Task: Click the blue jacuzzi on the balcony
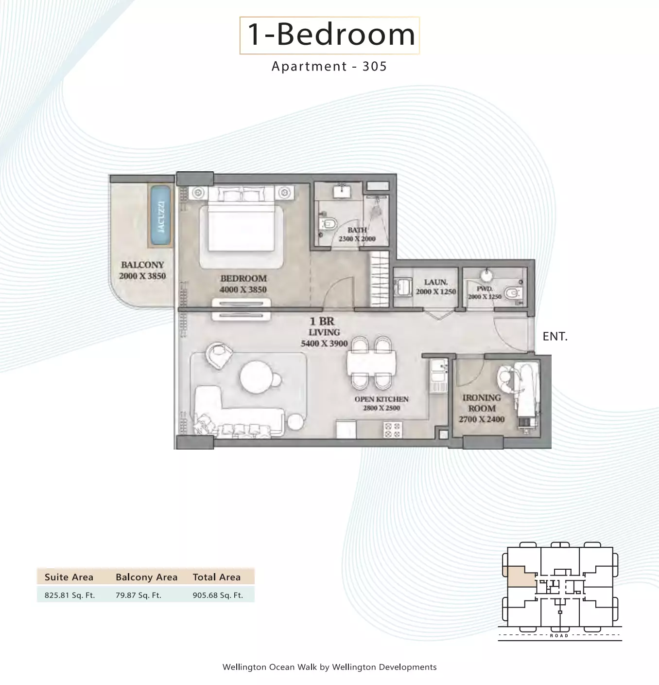pos(160,215)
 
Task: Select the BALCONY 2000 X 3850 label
pos(142,270)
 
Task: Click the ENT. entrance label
pos(555,337)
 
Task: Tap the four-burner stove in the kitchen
pos(393,430)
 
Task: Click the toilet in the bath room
pos(328,223)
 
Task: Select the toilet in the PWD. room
pos(513,293)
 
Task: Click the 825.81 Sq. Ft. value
pos(69,595)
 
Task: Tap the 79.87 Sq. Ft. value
pos(139,595)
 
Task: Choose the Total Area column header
pos(217,577)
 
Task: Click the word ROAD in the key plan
pos(559,636)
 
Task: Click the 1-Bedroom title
pos(330,35)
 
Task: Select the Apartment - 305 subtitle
pos(329,66)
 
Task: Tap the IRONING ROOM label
pos(482,403)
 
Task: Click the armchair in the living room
pos(219,355)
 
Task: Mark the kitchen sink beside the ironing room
pos(438,371)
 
